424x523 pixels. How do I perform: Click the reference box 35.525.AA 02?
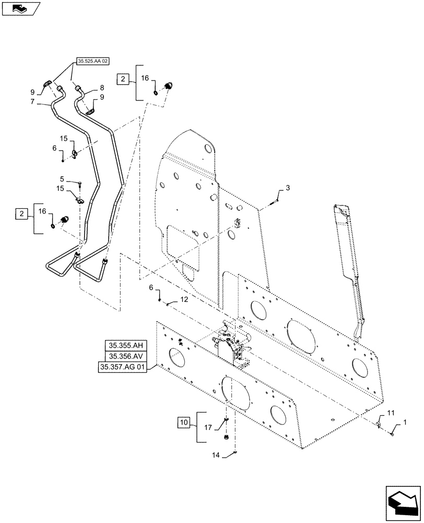tap(92, 61)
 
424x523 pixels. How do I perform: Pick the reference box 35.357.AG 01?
tap(123, 368)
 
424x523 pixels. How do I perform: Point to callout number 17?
tap(208, 427)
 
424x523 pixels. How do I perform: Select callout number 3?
tap(287, 187)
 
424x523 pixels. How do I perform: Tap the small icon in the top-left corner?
tap(20, 8)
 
